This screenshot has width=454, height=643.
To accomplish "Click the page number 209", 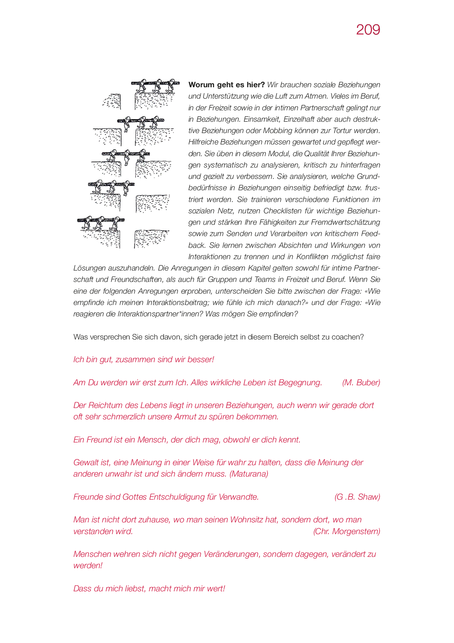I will tap(368, 30).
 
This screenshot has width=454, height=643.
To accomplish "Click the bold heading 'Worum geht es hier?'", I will tap(226, 85).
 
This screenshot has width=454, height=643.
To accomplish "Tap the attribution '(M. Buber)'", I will tap(361, 382).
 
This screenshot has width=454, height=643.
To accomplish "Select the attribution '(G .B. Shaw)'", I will tap(357, 497).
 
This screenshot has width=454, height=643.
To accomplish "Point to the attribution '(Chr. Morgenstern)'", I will tap(346, 531).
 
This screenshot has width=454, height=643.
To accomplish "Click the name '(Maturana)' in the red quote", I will tap(249, 474).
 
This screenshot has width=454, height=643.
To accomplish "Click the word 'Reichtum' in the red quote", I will tap(105, 405).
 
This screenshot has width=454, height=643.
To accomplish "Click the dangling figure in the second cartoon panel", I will tap(127, 126).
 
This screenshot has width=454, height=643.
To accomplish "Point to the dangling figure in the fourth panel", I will tap(126, 189).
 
